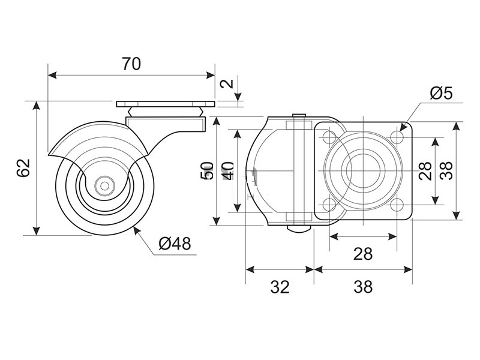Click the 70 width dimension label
coord(131,64)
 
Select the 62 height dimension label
coord(23,167)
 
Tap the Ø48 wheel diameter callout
coord(175,244)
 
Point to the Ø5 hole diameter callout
coord(441,93)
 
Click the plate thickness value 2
coord(227,83)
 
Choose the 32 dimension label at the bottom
coord(280,287)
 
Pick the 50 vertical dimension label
coord(207,171)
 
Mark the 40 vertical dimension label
coord(229,171)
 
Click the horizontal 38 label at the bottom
coord(363,287)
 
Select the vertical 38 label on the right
coord(446,170)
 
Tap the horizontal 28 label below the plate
coord(363,254)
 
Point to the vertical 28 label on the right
coord(425,170)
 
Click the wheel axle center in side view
coord(104,185)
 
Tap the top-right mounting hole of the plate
coord(397,137)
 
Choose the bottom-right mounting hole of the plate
coord(397,205)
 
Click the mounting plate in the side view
coord(166,104)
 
